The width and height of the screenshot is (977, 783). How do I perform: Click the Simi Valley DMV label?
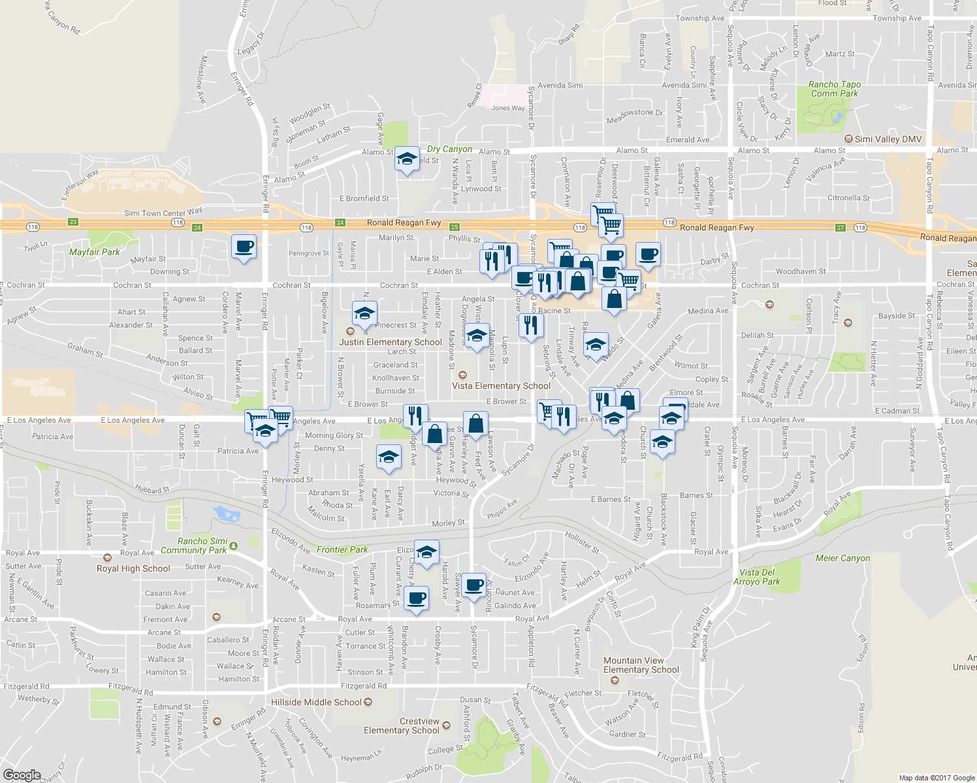point(888,139)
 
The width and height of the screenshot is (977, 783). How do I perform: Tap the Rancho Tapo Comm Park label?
point(834,89)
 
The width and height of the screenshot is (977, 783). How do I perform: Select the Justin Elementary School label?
point(390,342)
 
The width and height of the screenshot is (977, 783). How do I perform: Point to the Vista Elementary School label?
point(501,386)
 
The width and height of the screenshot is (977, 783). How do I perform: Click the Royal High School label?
point(133,568)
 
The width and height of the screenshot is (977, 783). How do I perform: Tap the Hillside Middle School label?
point(316,702)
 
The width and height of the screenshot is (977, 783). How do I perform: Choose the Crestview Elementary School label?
point(402,726)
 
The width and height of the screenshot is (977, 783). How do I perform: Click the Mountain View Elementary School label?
point(641,665)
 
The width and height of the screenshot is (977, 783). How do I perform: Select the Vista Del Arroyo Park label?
point(757,577)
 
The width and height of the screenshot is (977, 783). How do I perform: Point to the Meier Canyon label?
point(842,558)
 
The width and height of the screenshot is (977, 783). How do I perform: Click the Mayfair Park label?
point(95,252)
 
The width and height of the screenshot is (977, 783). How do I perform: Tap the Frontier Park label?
point(342,549)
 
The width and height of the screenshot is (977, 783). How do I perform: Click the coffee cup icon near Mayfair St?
point(244,247)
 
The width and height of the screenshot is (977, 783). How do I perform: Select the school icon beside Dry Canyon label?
point(407,159)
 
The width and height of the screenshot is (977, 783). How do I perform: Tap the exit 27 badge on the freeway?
point(841,228)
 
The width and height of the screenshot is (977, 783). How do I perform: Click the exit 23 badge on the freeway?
point(73,222)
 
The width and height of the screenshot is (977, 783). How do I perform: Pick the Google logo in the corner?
point(22,775)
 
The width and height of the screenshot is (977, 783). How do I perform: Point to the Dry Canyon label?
point(449,149)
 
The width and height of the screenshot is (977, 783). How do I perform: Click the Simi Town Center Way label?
point(163,212)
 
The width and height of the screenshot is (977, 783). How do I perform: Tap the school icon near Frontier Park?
point(426,553)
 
